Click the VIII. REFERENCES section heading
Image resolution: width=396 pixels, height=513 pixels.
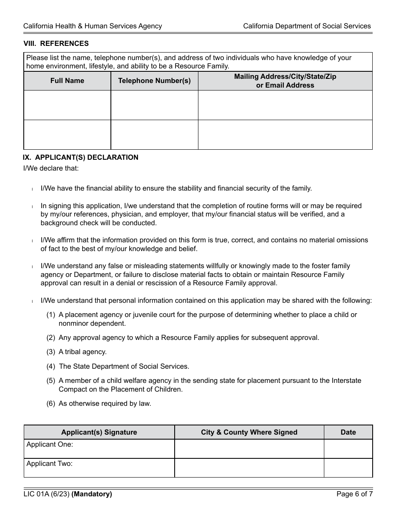click(56, 43)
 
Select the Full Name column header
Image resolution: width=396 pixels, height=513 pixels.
click(67, 81)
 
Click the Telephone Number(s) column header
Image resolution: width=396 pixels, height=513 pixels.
click(154, 81)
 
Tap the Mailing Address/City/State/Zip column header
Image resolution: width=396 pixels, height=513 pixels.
click(285, 81)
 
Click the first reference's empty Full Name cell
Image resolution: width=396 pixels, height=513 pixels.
click(67, 105)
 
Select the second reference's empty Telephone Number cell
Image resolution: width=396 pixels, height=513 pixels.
click(154, 135)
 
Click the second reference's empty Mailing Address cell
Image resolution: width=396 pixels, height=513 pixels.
click(285, 135)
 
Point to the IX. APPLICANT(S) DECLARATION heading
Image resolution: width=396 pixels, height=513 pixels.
click(80, 158)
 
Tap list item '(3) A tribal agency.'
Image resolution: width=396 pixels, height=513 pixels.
click(77, 352)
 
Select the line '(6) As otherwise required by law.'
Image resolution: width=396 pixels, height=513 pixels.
click(99, 404)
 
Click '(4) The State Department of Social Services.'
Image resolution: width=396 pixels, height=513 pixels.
click(118, 367)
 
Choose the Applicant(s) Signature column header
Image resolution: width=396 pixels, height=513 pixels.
click(99, 433)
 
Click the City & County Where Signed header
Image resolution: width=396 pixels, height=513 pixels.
click(249, 433)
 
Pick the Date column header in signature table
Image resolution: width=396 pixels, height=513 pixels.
click(348, 433)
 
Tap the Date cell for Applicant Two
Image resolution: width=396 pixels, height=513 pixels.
click(348, 468)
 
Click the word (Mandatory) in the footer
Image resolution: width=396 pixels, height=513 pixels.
click(92, 495)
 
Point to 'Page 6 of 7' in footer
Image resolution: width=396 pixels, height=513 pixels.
click(354, 495)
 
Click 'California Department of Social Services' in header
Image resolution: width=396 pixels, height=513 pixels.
click(307, 26)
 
